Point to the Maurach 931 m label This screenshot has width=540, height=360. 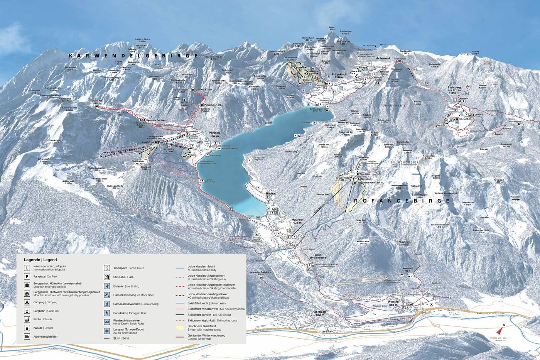pos(297,221)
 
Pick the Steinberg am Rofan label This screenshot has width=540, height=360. pos(454,90)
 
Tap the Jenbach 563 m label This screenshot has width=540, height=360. pos(320,313)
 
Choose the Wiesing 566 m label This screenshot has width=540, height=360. pos(393,303)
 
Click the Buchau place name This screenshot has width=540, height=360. pos(271,193)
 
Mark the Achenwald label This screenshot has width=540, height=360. pos(384,59)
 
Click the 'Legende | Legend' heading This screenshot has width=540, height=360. pos(40,260)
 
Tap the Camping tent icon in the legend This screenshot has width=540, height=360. pos(27,303)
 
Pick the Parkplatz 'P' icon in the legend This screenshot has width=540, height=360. pos(27,277)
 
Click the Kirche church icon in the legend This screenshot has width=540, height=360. pos(27,319)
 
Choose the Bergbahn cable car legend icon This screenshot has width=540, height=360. pos(27,311)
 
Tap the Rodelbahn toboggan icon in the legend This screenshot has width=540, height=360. pos(107,313)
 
